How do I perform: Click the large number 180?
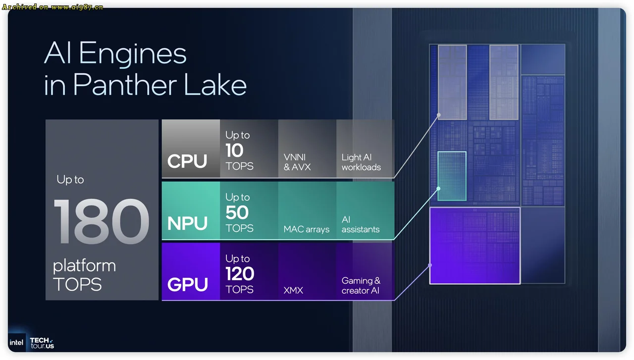[101, 221]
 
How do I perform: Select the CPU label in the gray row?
[187, 161]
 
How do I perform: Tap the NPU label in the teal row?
[187, 224]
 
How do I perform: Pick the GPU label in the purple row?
[188, 285]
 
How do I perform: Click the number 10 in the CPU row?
[234, 151]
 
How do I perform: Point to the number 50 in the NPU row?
[237, 212]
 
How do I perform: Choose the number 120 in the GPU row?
[240, 274]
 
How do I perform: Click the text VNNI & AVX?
[297, 162]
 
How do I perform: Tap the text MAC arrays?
[306, 229]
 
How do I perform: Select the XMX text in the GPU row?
[293, 291]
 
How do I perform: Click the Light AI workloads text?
[361, 162]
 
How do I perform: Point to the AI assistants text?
[360, 224]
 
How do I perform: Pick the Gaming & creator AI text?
[361, 285]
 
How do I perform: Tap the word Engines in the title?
[133, 53]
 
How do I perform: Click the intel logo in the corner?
[16, 343]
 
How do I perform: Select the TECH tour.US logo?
[42, 343]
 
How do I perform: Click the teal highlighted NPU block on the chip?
[452, 176]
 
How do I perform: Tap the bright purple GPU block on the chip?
[475, 246]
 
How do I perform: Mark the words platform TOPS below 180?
[84, 275]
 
